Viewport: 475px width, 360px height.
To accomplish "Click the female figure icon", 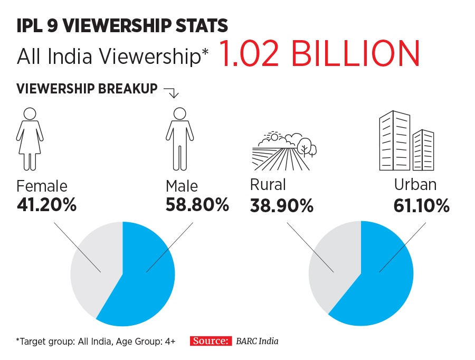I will [x=30, y=138].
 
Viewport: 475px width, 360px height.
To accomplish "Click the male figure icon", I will [x=179, y=138].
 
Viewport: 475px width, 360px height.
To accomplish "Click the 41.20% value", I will [x=46, y=204].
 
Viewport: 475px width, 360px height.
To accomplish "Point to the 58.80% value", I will [x=197, y=204].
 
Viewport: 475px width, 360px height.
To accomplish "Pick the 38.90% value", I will [x=282, y=205].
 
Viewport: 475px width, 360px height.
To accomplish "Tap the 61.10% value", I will [x=422, y=205].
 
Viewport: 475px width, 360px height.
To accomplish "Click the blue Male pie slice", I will [x=145, y=280].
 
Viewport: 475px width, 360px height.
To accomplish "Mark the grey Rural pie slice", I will [x=330, y=264].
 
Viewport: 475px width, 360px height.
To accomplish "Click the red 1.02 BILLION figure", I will [x=319, y=54].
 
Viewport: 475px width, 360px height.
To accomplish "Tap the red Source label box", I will [x=211, y=341].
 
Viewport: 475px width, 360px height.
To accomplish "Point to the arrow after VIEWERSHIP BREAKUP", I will [x=172, y=92].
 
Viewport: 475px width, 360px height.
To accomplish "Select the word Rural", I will [x=268, y=184].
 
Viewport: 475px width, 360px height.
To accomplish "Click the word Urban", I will [x=415, y=184].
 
